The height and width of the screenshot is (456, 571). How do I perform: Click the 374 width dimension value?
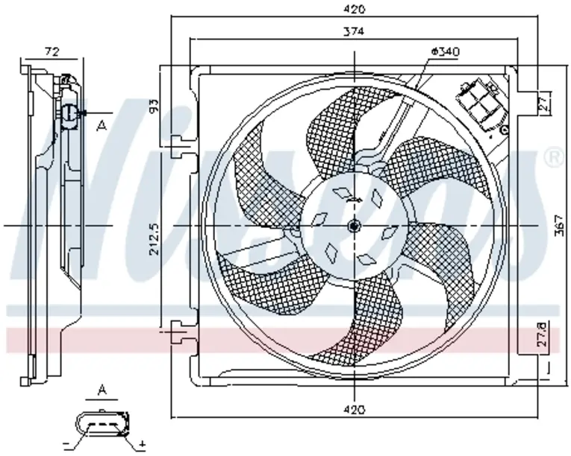tap(354, 31)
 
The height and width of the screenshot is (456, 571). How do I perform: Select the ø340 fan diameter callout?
tap(445, 51)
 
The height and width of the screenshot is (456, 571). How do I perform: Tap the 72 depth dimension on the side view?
tap(52, 52)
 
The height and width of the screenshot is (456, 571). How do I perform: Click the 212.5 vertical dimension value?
tap(155, 239)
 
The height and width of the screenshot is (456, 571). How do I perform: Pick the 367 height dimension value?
tap(561, 225)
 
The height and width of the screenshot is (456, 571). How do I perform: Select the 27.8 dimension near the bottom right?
tap(543, 335)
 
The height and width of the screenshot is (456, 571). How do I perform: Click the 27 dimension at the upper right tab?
tap(543, 103)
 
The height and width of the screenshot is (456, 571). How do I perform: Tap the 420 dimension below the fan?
tap(354, 410)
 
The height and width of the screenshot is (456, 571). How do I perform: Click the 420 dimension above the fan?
tap(354, 10)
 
